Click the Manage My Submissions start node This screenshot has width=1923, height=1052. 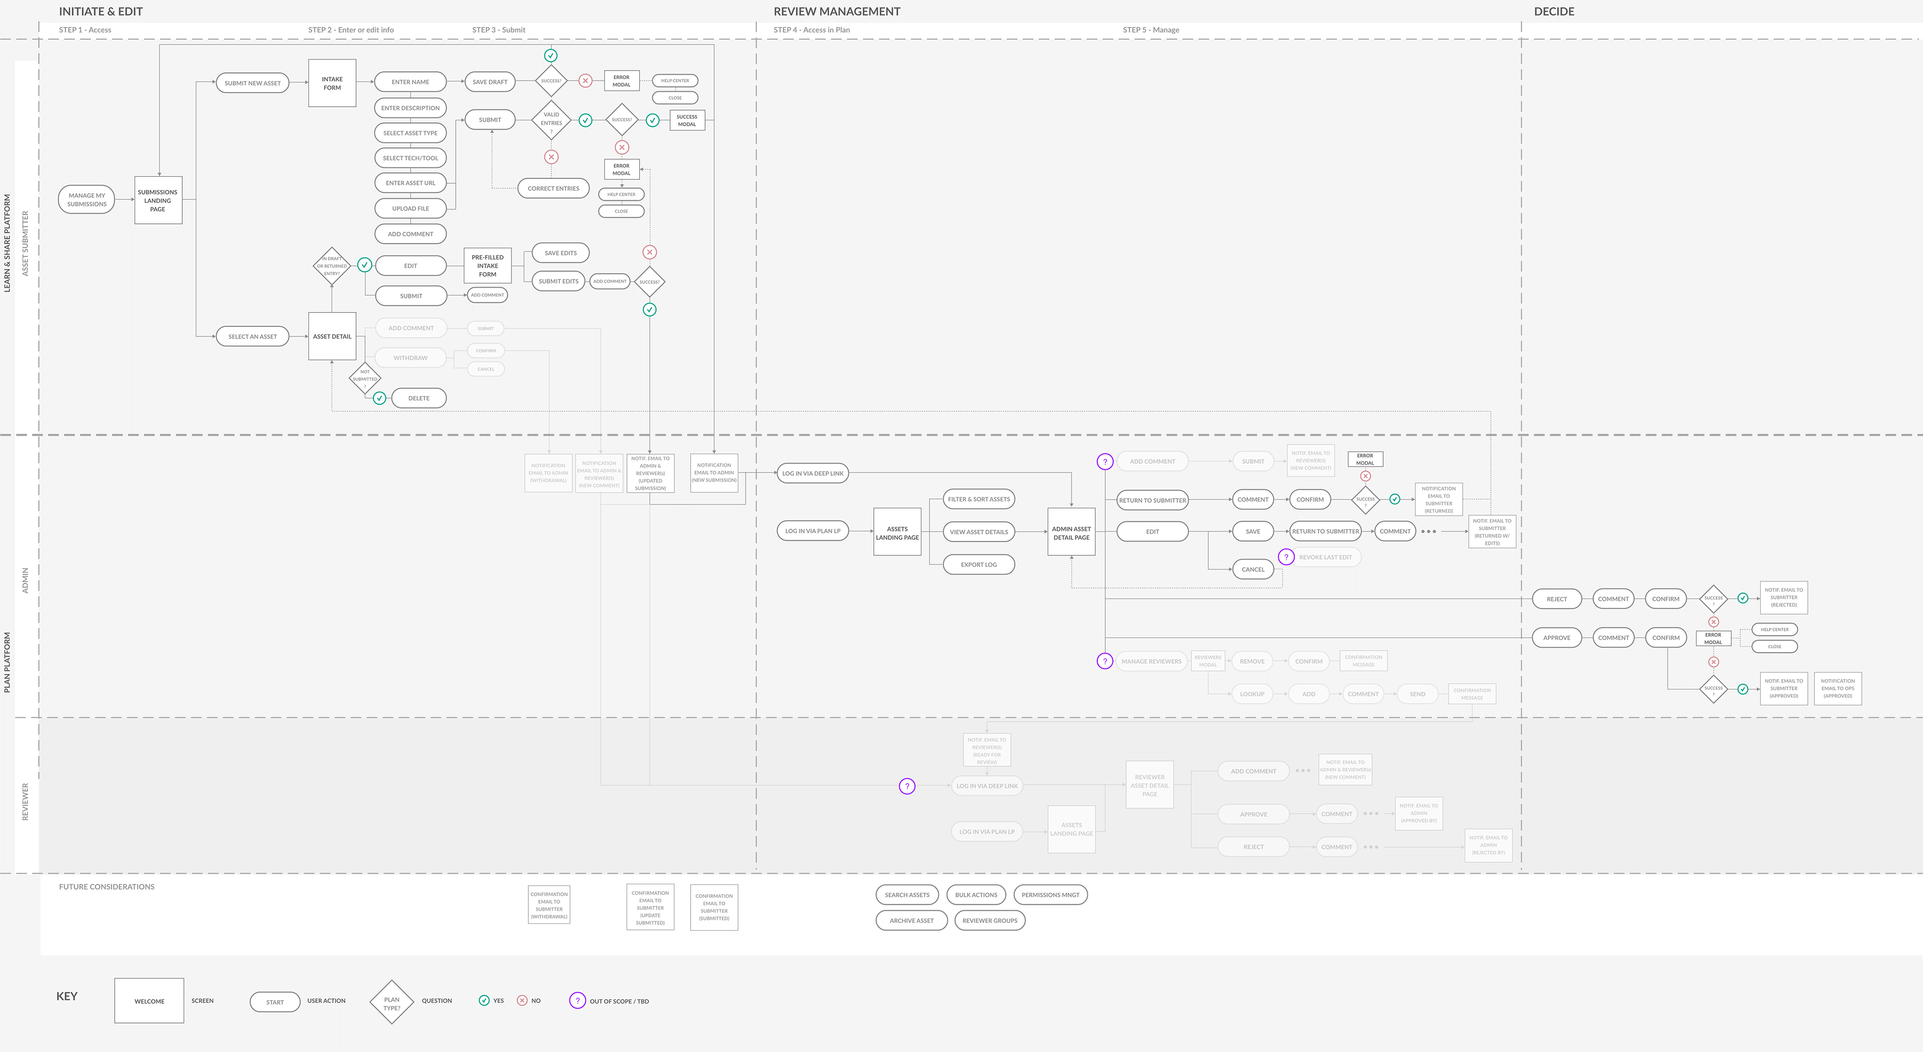click(x=87, y=199)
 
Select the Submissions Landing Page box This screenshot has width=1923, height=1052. click(x=158, y=200)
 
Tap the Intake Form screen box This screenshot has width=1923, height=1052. click(x=332, y=83)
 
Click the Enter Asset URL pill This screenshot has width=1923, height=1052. click(x=411, y=183)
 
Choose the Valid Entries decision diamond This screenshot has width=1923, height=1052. click(x=551, y=120)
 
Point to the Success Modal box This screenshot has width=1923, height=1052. click(x=687, y=120)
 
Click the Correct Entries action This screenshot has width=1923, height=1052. click(x=553, y=188)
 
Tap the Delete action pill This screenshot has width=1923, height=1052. click(x=419, y=398)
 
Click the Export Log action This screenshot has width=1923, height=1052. click(x=979, y=564)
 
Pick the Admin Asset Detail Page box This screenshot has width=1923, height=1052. click(x=1071, y=532)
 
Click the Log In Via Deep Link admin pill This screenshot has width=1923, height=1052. click(x=812, y=473)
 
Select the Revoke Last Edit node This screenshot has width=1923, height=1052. click(x=1325, y=557)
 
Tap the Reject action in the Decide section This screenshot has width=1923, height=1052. click(x=1556, y=599)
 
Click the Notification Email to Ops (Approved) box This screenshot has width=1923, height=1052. click(x=1837, y=688)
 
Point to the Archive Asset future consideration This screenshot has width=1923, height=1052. click(x=911, y=921)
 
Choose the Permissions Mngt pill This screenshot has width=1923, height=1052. click(x=1050, y=894)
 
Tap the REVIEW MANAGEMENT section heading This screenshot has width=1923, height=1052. click(x=837, y=11)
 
